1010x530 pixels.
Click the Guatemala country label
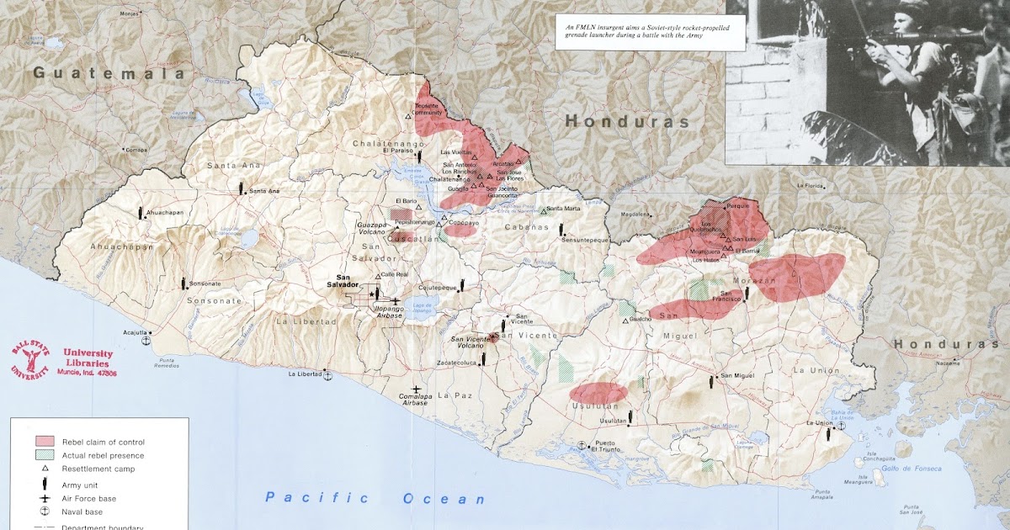(109, 73)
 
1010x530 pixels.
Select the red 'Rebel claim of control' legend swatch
(45, 442)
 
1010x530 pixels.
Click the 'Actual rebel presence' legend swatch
(45, 455)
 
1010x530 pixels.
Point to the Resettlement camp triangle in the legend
(45, 469)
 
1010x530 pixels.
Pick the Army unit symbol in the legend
(45, 484)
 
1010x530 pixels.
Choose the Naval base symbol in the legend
(45, 511)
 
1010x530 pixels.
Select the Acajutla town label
(136, 332)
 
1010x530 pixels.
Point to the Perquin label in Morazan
(737, 204)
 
